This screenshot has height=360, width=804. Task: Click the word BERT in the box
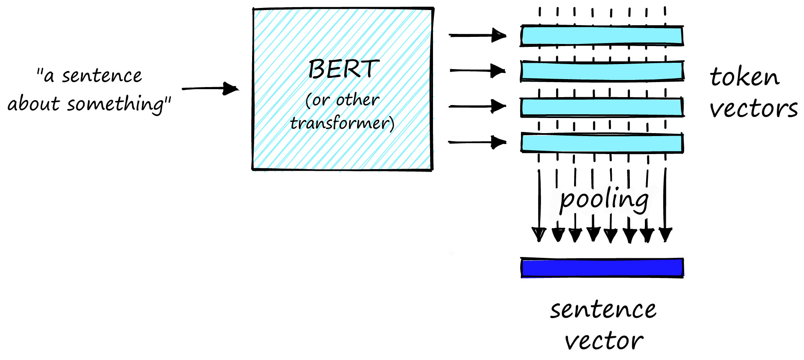tap(343, 69)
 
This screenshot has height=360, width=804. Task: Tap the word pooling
tap(604, 199)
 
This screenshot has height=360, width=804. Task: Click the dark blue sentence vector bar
tap(602, 268)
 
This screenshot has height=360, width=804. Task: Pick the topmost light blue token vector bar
tap(602, 36)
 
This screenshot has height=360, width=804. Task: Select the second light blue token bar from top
tap(602, 71)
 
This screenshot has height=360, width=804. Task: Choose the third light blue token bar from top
tap(602, 107)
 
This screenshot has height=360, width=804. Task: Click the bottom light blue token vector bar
tap(602, 143)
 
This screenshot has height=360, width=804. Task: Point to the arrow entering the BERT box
tap(210, 89)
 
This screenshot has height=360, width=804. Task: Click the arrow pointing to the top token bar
tap(477, 36)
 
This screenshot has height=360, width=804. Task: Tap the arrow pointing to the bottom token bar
tap(477, 142)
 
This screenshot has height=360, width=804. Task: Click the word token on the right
tap(745, 77)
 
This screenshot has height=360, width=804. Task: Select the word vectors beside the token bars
tap(753, 109)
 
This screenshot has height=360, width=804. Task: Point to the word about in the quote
tap(33, 104)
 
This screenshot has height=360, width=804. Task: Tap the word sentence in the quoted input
tap(102, 76)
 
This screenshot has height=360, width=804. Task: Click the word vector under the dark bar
tap(603, 341)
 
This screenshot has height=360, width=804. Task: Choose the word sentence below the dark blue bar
tap(603, 310)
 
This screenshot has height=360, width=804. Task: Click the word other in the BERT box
tap(358, 100)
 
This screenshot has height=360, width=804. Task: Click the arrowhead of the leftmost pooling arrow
tap(539, 234)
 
